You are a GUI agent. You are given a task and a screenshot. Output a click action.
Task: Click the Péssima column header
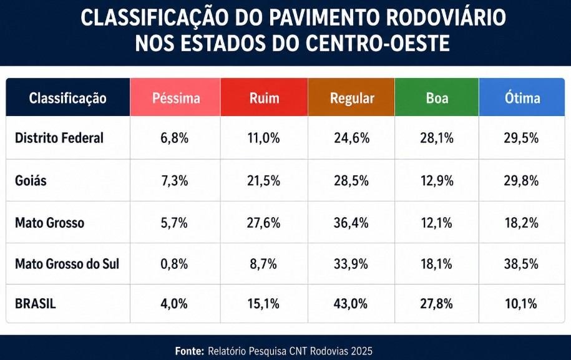[175, 97]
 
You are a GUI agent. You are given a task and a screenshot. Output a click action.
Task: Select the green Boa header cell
[437, 97]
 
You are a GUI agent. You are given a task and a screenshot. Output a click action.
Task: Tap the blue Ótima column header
[522, 97]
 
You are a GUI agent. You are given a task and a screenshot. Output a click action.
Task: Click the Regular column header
[351, 97]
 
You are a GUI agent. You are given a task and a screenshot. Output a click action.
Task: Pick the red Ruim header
[264, 97]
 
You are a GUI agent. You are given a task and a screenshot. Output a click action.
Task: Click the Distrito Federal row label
[59, 138]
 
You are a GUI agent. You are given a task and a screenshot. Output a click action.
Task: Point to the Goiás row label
[31, 180]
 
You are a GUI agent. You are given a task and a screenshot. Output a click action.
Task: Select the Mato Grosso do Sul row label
[67, 264]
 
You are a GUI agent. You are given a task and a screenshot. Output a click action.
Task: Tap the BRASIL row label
[36, 304]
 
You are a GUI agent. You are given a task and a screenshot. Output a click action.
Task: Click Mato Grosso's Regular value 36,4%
[351, 223]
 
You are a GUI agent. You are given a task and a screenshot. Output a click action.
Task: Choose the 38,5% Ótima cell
[521, 264]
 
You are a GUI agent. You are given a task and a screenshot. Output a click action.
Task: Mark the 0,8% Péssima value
[174, 264]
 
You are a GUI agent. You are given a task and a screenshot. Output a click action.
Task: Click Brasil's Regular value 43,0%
[351, 304]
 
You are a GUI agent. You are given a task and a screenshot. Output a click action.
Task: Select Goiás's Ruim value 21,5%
[263, 180]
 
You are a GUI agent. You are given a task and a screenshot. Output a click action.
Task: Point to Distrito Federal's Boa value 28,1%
[437, 138]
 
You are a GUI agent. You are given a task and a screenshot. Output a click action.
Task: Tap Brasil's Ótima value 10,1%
[520, 304]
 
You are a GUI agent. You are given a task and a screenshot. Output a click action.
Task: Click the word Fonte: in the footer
[189, 351]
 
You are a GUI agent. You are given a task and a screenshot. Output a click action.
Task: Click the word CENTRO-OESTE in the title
[378, 43]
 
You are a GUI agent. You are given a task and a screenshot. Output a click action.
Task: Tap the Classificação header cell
[68, 98]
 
